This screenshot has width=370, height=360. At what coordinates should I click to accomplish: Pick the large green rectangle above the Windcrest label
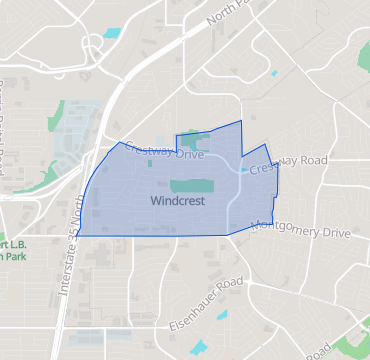[191, 186]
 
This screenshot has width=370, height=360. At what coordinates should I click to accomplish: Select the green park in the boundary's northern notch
[195, 143]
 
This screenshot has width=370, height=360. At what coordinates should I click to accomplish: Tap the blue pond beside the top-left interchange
[111, 33]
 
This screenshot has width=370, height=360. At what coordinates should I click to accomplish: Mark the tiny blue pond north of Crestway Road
[272, 73]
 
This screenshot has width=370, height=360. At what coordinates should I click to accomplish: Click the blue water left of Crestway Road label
[243, 170]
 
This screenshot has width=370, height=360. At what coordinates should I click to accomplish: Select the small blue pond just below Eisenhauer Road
[220, 317]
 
